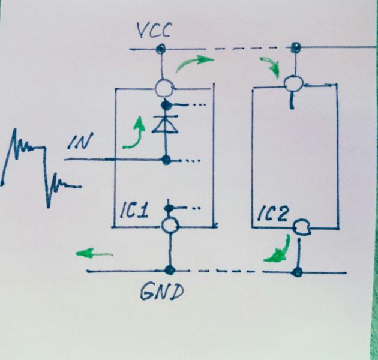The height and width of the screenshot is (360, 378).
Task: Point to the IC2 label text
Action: tap(274, 215)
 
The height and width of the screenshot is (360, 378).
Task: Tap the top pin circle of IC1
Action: tap(163, 89)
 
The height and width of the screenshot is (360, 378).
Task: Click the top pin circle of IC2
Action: tap(293, 82)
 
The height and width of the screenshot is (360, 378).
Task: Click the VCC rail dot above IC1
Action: tap(161, 48)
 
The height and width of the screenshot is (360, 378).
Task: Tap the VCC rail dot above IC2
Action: tap(295, 47)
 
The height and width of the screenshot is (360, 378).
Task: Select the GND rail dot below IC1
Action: tap(170, 270)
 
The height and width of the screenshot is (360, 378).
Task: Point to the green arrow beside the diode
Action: tap(135, 133)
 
